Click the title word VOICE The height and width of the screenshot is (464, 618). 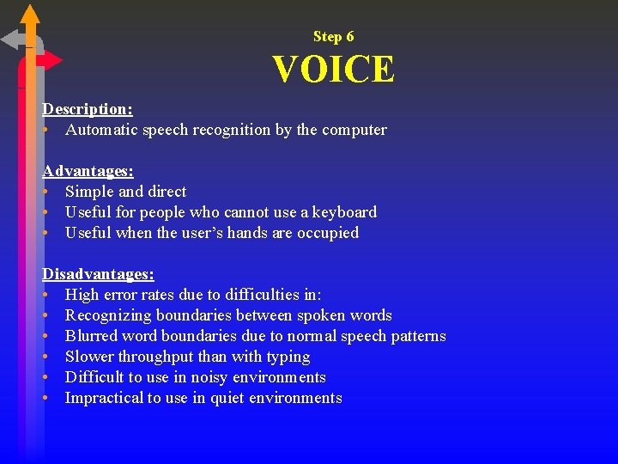(x=334, y=70)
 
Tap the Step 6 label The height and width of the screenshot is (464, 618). (x=333, y=36)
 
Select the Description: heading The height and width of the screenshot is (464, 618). (x=88, y=109)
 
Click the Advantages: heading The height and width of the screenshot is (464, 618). (x=88, y=171)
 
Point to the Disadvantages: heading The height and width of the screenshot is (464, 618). (x=99, y=274)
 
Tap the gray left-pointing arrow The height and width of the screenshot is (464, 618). (x=13, y=40)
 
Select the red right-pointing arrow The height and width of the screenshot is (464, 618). (x=51, y=60)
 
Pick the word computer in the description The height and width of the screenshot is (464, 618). (x=354, y=130)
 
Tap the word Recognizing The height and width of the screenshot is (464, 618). (x=108, y=315)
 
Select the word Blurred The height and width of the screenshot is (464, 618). (x=93, y=336)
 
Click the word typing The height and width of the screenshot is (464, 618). (x=288, y=357)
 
